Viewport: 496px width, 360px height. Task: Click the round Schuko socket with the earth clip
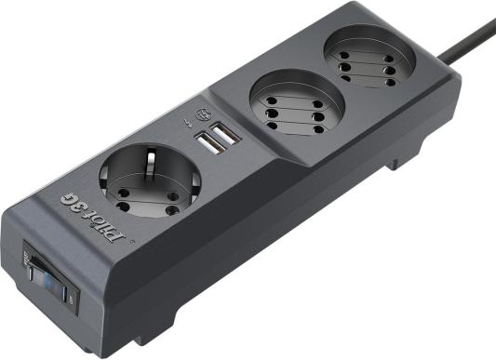(150, 180)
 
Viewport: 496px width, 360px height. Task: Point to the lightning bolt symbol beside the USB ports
(188, 123)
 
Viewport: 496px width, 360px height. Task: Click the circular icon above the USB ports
(203, 113)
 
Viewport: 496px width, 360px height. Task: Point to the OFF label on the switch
(71, 298)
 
